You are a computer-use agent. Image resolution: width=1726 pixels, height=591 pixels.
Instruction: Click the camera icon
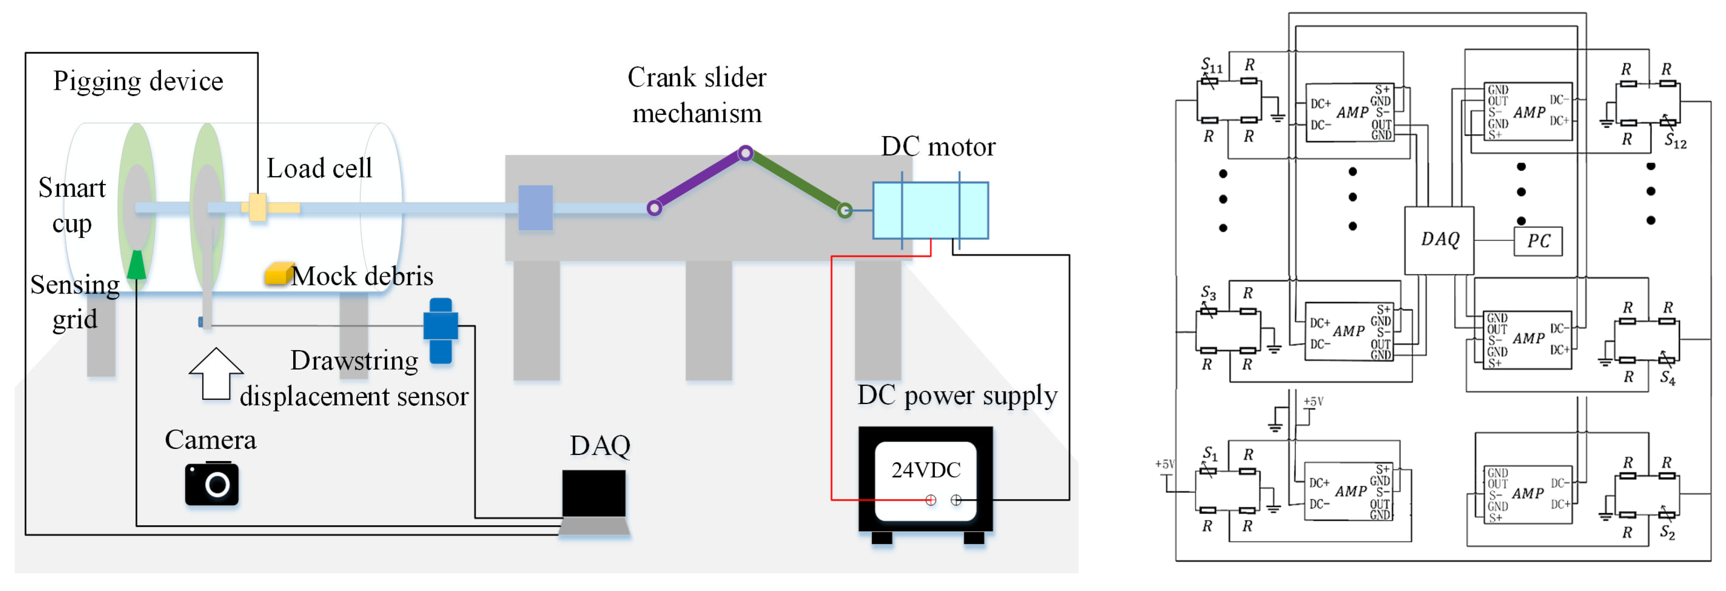tap(212, 483)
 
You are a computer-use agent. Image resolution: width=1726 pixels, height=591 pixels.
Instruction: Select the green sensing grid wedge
tap(137, 264)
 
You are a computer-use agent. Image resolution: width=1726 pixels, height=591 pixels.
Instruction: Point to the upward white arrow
tap(216, 374)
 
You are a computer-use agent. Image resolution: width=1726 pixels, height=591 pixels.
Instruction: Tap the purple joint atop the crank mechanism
tap(745, 153)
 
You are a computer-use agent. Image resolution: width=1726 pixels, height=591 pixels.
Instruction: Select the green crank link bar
tap(795, 182)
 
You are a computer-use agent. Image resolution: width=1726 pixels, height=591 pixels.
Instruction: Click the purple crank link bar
tap(700, 181)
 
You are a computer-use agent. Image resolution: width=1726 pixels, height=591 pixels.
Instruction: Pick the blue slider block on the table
tap(535, 208)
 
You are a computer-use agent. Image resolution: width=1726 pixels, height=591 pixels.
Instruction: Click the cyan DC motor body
tap(930, 210)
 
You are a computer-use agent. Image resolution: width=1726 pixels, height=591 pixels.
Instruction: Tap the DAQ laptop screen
tap(594, 494)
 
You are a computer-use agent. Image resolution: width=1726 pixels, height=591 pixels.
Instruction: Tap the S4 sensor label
tap(1668, 379)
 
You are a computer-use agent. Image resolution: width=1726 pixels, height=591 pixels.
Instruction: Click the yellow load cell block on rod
tap(258, 208)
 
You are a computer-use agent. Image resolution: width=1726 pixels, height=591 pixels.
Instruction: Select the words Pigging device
tap(138, 81)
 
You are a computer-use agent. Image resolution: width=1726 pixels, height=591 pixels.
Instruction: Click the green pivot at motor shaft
tap(845, 211)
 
